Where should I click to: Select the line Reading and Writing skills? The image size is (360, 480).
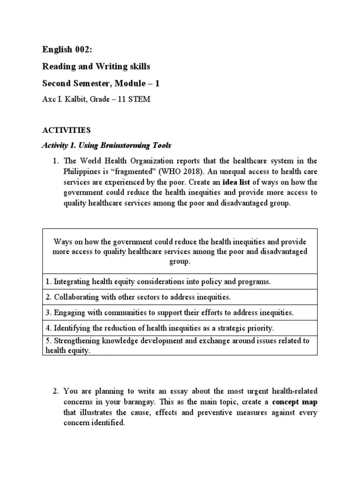pyautogui.click(x=96, y=67)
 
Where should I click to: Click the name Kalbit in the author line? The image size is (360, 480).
pyautogui.click(x=76, y=100)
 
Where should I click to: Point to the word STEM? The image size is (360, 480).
pyautogui.click(x=140, y=100)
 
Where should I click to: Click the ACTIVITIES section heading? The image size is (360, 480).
pyautogui.click(x=66, y=130)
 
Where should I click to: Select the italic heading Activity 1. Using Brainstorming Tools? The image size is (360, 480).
pyautogui.click(x=106, y=145)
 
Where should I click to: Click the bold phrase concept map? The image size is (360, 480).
pyautogui.click(x=294, y=402)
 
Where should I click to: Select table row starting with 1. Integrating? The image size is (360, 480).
pyautogui.click(x=158, y=282)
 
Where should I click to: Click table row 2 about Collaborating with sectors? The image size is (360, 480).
pyautogui.click(x=138, y=297)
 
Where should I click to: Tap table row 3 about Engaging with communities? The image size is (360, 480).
pyautogui.click(x=169, y=312)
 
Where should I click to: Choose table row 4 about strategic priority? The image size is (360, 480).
pyautogui.click(x=159, y=328)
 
